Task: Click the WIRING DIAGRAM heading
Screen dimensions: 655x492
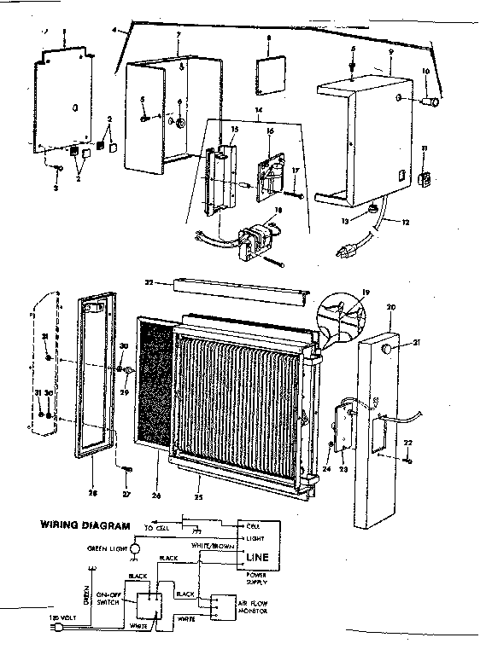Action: coord(85,525)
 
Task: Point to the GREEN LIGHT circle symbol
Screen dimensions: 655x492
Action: coord(133,552)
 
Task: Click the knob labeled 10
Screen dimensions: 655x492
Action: coord(434,104)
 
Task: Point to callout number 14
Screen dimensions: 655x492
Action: coord(260,111)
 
